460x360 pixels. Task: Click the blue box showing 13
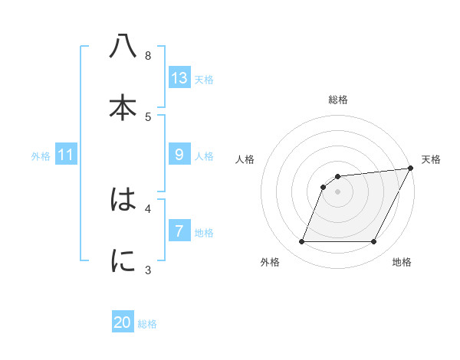point(179,78)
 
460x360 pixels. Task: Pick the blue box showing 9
point(179,155)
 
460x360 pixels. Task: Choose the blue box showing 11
point(66,155)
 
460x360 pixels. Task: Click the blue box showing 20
point(123,322)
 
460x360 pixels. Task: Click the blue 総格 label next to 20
point(147,324)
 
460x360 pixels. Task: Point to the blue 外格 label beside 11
point(41,156)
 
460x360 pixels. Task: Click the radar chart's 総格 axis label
point(338,100)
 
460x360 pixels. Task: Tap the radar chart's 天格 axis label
point(431,159)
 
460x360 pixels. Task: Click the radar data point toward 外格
point(301,242)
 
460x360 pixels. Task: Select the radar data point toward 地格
point(373,242)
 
